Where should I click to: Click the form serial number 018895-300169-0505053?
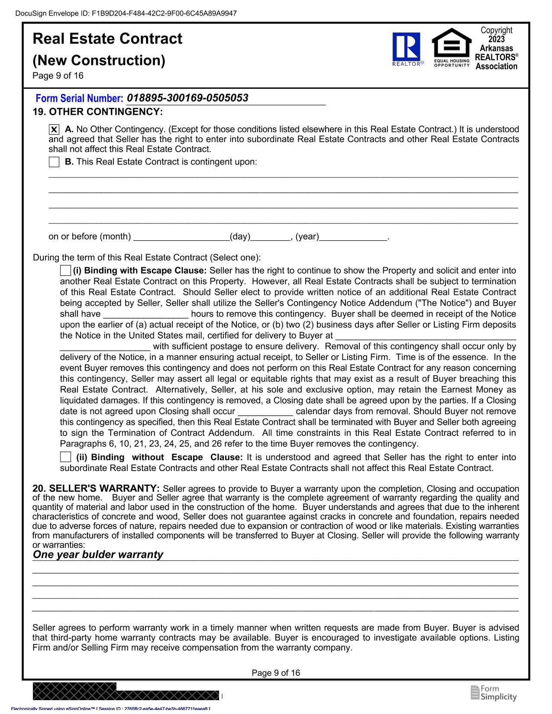tap(187, 98)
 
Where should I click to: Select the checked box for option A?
tap(54, 129)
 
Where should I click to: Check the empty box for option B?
tap(54, 162)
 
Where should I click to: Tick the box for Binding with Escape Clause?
tap(65, 271)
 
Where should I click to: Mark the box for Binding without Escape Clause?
tap(65, 457)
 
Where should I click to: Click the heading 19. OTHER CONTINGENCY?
tap(98, 112)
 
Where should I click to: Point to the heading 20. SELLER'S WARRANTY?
tap(96, 489)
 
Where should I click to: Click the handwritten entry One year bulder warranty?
tap(98, 555)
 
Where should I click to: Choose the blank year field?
tap(353, 237)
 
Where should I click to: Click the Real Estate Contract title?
tap(107, 39)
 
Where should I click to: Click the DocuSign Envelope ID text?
tap(126, 13)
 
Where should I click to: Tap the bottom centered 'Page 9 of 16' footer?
tap(276, 673)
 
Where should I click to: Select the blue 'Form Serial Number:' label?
tap(79, 99)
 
